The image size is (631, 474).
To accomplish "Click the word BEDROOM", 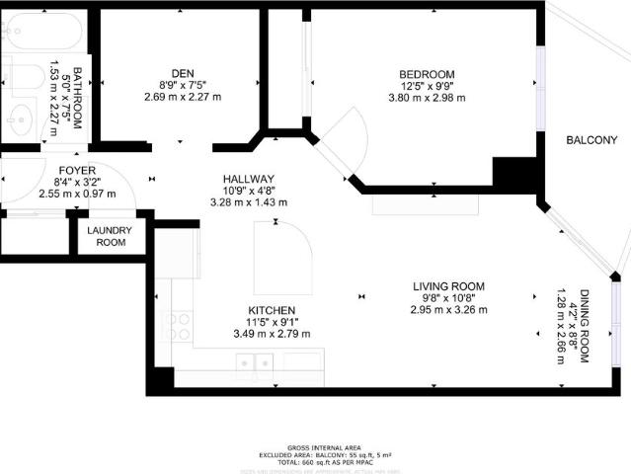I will coord(427,75).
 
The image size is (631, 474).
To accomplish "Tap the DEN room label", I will coord(182,73).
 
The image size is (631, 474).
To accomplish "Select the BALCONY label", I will coord(592,140).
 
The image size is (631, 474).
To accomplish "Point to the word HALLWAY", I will coord(248,179).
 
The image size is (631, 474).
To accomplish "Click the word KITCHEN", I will coord(272,310).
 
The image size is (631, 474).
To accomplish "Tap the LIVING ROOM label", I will coord(448,286).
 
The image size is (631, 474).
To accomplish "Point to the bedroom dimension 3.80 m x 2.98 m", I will coord(427,97).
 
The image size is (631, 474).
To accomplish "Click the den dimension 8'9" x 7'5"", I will coord(182,85).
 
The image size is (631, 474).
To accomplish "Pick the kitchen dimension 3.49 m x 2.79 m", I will coord(272,334).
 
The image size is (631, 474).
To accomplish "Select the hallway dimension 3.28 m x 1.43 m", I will coord(248,202).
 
